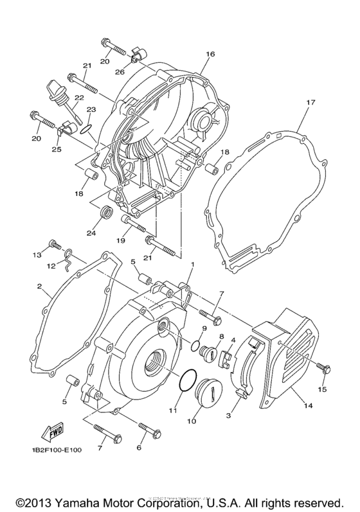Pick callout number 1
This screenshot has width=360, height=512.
(191, 263)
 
